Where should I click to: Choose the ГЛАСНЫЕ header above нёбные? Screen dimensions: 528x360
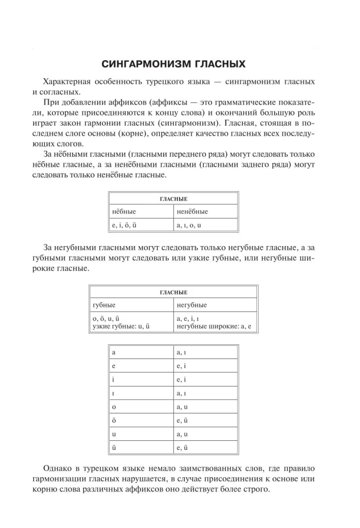click(x=174, y=199)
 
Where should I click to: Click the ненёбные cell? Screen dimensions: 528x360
click(x=192, y=212)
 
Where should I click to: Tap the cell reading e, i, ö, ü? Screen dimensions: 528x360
click(x=125, y=225)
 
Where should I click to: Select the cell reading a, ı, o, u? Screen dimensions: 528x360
click(x=190, y=225)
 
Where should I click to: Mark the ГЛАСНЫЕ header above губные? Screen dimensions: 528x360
click(x=174, y=292)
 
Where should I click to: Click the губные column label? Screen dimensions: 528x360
click(x=104, y=305)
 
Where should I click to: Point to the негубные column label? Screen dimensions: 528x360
click(x=192, y=305)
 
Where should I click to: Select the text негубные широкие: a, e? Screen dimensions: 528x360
click(x=214, y=327)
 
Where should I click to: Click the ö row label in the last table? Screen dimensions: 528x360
click(x=114, y=420)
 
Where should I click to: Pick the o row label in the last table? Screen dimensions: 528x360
click(x=114, y=407)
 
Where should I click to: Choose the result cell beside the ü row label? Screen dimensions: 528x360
click(x=183, y=448)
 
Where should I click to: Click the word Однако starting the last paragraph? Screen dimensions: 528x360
click(x=58, y=469)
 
